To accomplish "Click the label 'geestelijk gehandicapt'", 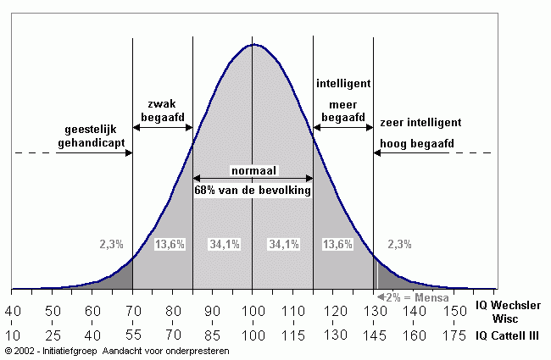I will tap(96, 138).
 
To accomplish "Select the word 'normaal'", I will tap(253, 171).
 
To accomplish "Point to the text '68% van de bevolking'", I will tap(253, 191).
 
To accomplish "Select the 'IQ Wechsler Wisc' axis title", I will tap(509, 311).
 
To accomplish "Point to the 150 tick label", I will tap(455, 313).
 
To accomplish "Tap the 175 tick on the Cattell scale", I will tap(455, 335).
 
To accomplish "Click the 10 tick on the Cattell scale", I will tap(13, 335).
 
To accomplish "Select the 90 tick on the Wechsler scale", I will tap(213, 313).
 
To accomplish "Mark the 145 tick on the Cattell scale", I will tap(373, 335).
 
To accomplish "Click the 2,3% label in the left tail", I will tap(112, 244).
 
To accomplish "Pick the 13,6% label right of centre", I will tap(337, 244).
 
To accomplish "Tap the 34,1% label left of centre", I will tap(224, 244).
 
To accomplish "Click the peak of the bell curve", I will tap(253, 44).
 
